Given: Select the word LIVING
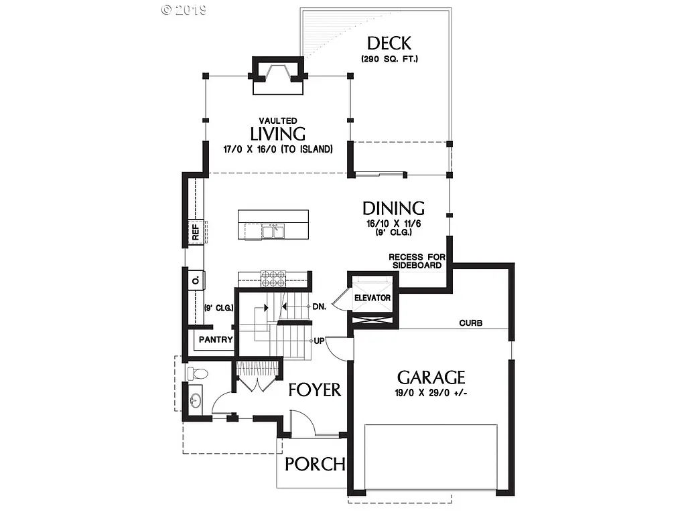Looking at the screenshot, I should click(x=278, y=135).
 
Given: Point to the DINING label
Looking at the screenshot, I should click(x=393, y=207).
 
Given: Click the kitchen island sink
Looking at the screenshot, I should click(x=273, y=232).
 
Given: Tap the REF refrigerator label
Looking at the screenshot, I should click(x=196, y=232).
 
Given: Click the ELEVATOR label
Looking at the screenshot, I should click(x=372, y=297).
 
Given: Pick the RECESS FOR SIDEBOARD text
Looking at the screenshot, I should click(x=415, y=261).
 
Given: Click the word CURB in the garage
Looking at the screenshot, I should click(x=471, y=323).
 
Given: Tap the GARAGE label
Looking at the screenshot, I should click(x=431, y=377).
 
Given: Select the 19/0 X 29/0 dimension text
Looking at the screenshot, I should click(x=431, y=392).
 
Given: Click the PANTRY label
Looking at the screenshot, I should click(x=215, y=340).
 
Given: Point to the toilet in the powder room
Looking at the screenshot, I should click(x=198, y=373).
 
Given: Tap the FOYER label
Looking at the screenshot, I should click(x=315, y=390).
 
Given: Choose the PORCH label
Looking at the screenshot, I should click(x=315, y=464).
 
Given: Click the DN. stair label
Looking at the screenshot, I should click(x=319, y=307).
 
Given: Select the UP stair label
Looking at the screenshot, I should click(x=320, y=341).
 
